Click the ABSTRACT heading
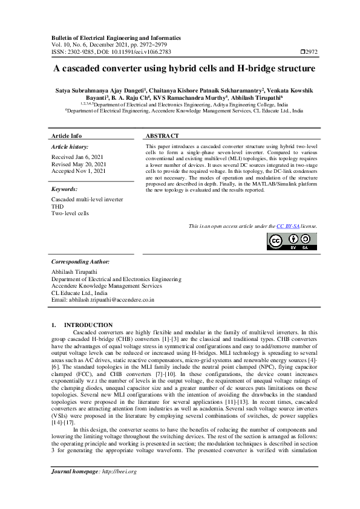162,136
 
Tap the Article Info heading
67,136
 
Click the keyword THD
57,206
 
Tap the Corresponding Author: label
80,262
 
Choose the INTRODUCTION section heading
88,325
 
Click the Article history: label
70,147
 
